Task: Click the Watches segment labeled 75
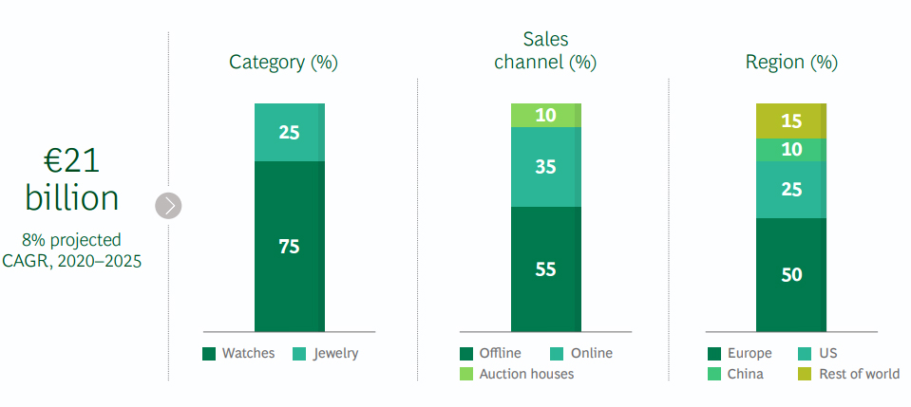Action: [x=290, y=247]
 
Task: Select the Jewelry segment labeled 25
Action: [x=290, y=132]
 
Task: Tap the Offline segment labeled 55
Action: [x=545, y=268]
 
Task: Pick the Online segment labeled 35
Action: [x=545, y=167]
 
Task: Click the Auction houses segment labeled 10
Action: [x=545, y=115]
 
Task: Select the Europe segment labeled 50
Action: [x=791, y=274]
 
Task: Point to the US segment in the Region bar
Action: [x=791, y=190]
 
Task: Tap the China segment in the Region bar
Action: [x=791, y=150]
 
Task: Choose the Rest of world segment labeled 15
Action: [x=791, y=120]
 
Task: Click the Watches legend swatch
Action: [x=209, y=354]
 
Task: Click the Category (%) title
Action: [x=284, y=63]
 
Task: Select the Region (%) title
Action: [x=791, y=63]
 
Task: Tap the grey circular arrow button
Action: [x=168, y=205]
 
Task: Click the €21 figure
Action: [x=72, y=160]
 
